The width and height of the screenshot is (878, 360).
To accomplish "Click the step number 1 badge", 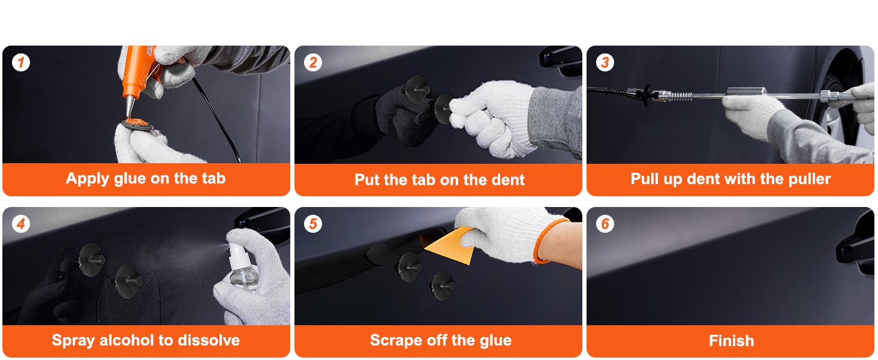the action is coord(21,62).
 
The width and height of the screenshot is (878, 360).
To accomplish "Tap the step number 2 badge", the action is coord(313,62).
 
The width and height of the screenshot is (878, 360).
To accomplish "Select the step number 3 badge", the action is coord(605,62).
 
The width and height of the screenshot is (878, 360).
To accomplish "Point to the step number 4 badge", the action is coord(21,224).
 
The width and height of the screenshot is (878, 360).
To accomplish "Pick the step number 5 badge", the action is coord(313,224).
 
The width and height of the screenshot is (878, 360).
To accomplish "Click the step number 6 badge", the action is coord(605,224).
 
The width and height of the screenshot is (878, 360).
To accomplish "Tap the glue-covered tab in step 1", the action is coord(136,124).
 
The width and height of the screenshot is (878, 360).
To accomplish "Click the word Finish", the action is coord(732,341).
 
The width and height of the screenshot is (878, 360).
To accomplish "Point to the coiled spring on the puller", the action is coord(680,97).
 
